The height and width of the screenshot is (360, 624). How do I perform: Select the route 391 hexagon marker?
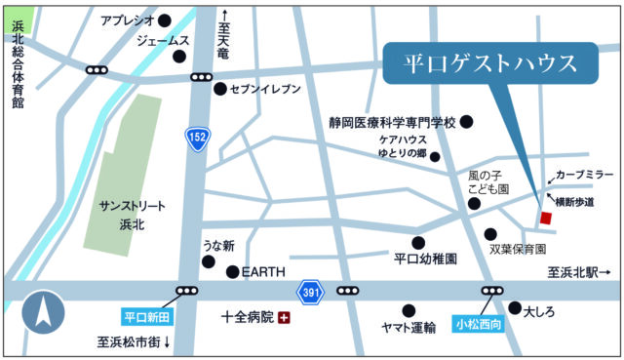tap(309, 292)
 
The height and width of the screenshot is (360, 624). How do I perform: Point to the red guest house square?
tap(546, 217)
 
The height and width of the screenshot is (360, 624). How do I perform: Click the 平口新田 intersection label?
tap(147, 317)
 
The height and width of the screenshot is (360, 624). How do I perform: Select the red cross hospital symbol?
tap(284, 318)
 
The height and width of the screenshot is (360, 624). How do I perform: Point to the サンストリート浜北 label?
tap(134, 214)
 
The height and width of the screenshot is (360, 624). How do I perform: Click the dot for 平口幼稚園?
tap(418, 243)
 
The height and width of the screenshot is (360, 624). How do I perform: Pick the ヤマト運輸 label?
tap(406, 329)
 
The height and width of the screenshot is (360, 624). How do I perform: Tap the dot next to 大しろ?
tap(515, 307)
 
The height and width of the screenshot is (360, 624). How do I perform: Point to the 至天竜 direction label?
tap(224, 35)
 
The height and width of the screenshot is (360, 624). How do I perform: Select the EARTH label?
tap(263, 272)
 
